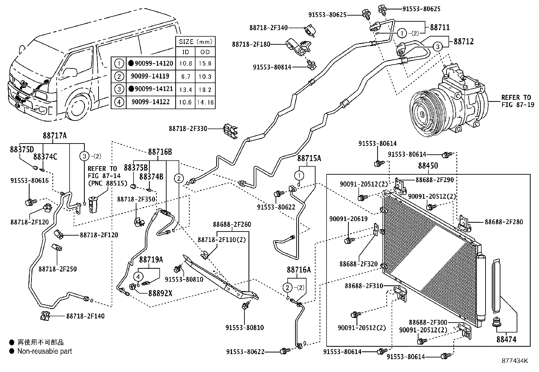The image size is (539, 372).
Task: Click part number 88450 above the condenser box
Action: (x=428, y=166)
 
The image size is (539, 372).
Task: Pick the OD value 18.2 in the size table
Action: (x=205, y=89)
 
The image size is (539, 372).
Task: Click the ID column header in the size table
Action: (x=185, y=52)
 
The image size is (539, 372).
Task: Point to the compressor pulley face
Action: (x=423, y=113)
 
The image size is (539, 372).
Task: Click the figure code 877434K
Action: (x=515, y=361)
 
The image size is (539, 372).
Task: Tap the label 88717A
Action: (x=55, y=136)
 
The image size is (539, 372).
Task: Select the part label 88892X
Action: (x=160, y=293)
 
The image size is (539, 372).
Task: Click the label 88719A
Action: (x=151, y=260)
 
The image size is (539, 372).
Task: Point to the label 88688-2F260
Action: (x=232, y=224)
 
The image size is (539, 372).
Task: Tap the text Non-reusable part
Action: (x=45, y=351)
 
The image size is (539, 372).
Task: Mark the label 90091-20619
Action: (x=348, y=219)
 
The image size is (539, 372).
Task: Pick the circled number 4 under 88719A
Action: (x=138, y=277)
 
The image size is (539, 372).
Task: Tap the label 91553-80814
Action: (x=272, y=67)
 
